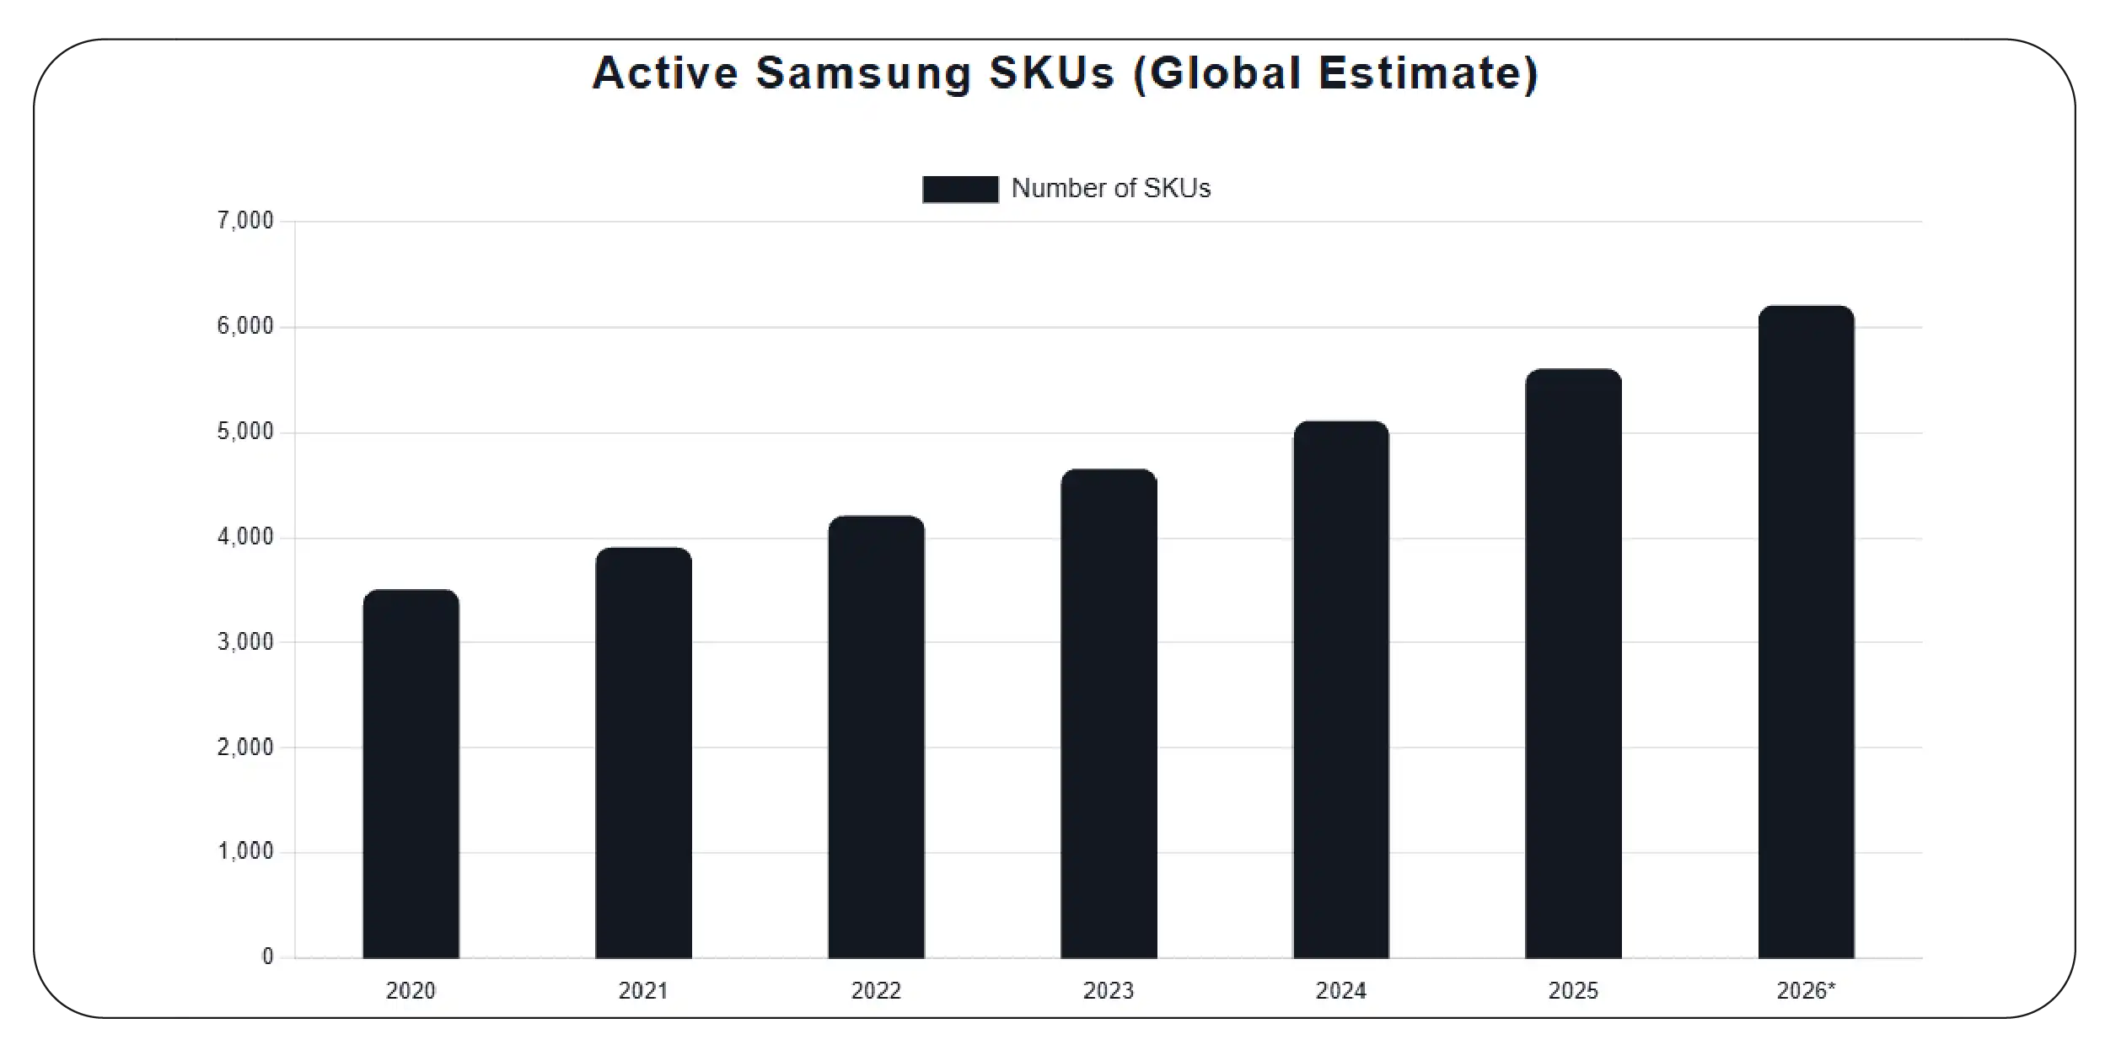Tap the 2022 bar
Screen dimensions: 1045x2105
876,737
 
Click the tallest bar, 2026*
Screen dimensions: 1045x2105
1806,632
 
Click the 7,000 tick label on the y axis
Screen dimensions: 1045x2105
245,221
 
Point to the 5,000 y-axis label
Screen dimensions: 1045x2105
245,431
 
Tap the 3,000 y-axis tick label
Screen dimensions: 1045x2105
245,642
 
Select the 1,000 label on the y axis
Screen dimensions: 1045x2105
245,852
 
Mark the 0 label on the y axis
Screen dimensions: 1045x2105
268,957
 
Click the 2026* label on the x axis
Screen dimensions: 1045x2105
1806,991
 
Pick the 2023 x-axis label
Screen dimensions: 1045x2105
1109,991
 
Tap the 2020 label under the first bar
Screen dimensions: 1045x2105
411,991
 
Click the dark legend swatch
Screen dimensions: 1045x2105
960,189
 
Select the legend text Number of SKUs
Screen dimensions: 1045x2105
1110,188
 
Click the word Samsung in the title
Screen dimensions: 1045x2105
863,74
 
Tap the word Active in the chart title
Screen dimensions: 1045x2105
665,73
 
